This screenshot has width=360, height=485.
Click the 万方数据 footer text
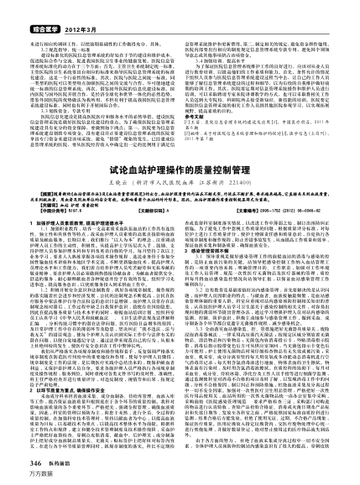[18, 475]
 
